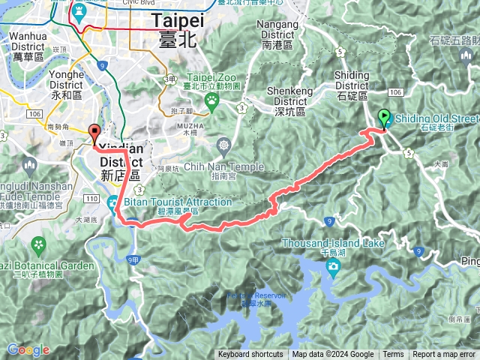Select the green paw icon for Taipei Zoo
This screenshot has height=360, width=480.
[x=213, y=98]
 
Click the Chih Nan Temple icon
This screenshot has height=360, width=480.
[x=223, y=144]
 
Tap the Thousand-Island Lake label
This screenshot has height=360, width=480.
[x=333, y=244]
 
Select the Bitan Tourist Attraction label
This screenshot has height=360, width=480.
[x=173, y=202]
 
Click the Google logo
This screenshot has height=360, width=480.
[x=28, y=349]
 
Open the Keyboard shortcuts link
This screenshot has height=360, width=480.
[x=250, y=355]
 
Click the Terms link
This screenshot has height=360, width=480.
[x=393, y=355]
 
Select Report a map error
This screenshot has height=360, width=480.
[x=445, y=355]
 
